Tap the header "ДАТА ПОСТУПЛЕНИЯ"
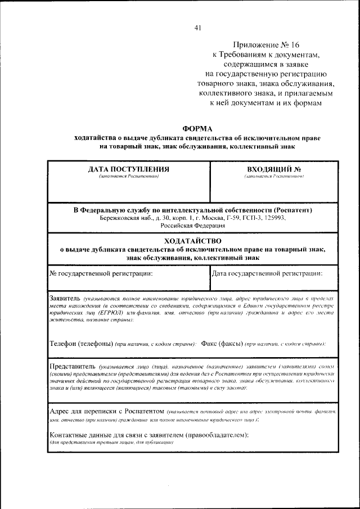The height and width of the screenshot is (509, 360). click(x=129, y=169)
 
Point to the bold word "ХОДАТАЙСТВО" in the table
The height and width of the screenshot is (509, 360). click(x=192, y=240)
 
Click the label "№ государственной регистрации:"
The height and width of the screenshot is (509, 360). click(x=101, y=273)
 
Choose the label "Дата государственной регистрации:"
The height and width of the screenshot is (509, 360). click(x=267, y=273)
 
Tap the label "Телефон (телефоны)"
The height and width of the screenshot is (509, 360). click(x=81, y=343)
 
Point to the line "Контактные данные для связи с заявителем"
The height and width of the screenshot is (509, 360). click(x=149, y=435)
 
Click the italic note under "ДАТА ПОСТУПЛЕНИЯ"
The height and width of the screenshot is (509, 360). click(x=129, y=177)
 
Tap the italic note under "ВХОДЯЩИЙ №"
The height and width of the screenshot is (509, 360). click(x=274, y=177)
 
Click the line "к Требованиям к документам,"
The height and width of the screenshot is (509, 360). click(x=265, y=55)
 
